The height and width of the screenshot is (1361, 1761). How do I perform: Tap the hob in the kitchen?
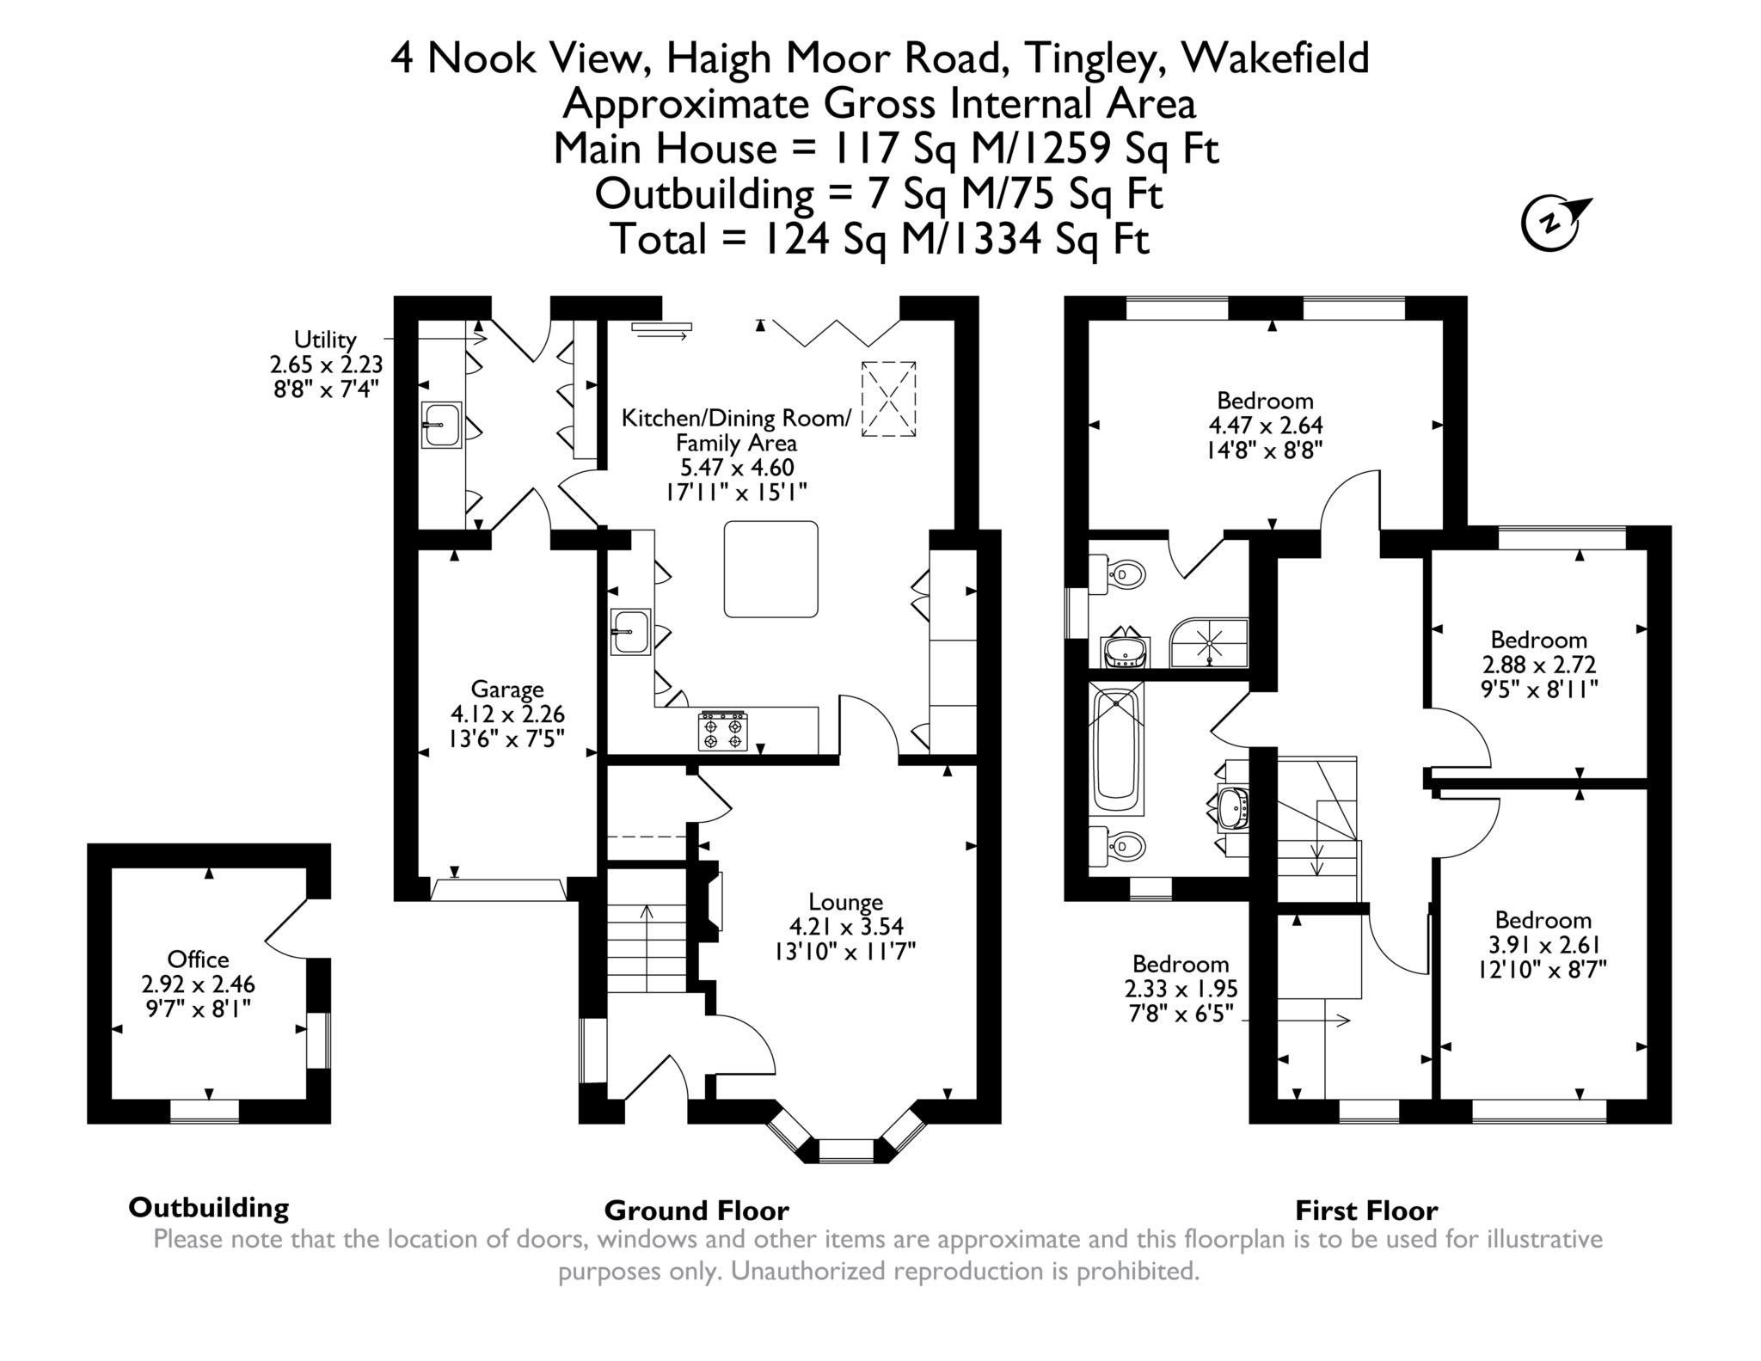pyautogui.click(x=723, y=731)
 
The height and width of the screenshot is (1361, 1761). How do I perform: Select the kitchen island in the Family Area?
pyautogui.click(x=770, y=569)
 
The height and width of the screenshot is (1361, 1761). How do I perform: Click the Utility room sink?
pyautogui.click(x=442, y=424)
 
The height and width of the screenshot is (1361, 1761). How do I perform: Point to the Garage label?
pyautogui.click(x=507, y=689)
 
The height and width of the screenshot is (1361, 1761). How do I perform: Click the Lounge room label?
pyautogui.click(x=846, y=902)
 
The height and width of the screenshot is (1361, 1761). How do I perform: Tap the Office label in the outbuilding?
pyautogui.click(x=198, y=959)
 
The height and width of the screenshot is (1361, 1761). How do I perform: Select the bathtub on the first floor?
pyautogui.click(x=1117, y=747)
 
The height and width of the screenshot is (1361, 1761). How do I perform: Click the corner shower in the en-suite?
pyautogui.click(x=1209, y=642)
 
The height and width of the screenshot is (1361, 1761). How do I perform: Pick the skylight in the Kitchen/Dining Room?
pyautogui.click(x=888, y=400)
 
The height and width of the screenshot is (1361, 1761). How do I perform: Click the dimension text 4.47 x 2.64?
pyautogui.click(x=1266, y=425)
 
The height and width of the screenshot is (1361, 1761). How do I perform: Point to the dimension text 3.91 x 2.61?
pyautogui.click(x=1544, y=945)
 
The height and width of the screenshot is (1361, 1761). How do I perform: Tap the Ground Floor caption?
pyautogui.click(x=696, y=1211)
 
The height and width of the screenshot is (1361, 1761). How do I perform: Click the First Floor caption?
pyautogui.click(x=1366, y=1211)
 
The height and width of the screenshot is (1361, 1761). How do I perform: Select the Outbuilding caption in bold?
pyautogui.click(x=209, y=1207)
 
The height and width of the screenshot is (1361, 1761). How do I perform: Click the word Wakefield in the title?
pyautogui.click(x=1276, y=58)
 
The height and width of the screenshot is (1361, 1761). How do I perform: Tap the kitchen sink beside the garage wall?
pyautogui.click(x=631, y=632)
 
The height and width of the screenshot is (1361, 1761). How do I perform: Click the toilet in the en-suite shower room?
pyautogui.click(x=1118, y=573)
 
